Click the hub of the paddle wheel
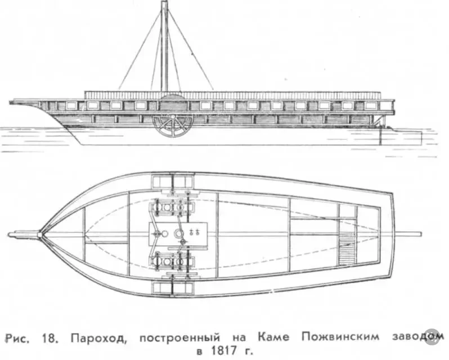[173, 117]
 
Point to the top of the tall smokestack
[164, 2]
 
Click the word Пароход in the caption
[98, 338]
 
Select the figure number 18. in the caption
[51, 338]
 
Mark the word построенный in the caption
[180, 338]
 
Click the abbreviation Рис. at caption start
[17, 338]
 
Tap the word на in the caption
[239, 338]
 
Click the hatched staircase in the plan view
[347, 248]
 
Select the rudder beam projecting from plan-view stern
[408, 234]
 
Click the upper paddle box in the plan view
[173, 181]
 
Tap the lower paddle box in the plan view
[172, 287]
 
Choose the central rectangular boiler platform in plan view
[178, 234]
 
